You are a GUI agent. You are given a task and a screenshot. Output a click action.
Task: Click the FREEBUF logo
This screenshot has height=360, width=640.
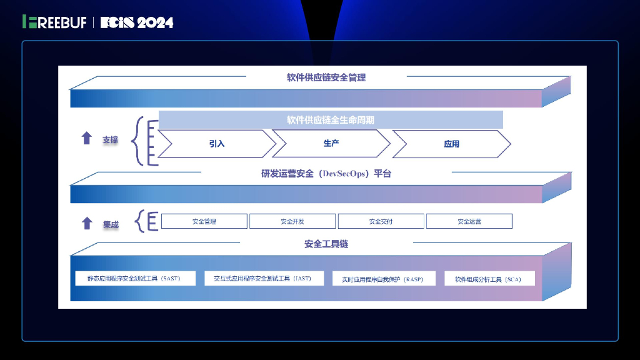coord(54,22)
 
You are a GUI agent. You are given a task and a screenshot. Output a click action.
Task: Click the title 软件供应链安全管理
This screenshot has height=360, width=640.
coord(326,77)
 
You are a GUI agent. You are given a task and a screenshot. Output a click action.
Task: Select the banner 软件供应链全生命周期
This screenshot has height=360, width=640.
coord(331,119)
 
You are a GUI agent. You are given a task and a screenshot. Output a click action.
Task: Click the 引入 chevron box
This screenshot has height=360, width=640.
coord(216,144)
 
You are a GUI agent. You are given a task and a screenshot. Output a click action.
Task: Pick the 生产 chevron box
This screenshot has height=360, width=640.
coord(331,144)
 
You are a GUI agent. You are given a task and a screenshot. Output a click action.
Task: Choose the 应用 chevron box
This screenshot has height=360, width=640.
coord(451,144)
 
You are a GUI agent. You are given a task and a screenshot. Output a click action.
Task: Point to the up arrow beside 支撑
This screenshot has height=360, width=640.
coord(87,139)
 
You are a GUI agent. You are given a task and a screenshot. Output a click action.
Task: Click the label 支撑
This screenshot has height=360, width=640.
coord(110,139)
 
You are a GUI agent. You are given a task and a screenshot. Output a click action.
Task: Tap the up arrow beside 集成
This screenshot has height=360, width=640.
coord(87,223)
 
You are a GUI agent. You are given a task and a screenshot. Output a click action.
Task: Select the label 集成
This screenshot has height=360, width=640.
coord(111,224)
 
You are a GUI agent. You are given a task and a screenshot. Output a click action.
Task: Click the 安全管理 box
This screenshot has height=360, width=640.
coord(204,221)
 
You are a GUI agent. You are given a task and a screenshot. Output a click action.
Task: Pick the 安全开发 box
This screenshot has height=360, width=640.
coord(292,221)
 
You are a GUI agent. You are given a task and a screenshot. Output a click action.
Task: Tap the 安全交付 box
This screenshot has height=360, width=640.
coord(381,221)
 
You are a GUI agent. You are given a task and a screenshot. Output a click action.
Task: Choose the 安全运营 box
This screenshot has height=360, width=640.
coord(469,221)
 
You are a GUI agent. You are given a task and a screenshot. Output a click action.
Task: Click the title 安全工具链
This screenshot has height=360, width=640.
coord(326,244)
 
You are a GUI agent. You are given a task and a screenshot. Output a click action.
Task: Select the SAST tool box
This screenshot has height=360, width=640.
coord(135,278)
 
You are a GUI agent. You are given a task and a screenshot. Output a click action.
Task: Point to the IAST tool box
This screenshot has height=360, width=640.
coord(262,278)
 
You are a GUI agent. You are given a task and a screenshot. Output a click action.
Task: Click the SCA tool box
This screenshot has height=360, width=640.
coord(489,279)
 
